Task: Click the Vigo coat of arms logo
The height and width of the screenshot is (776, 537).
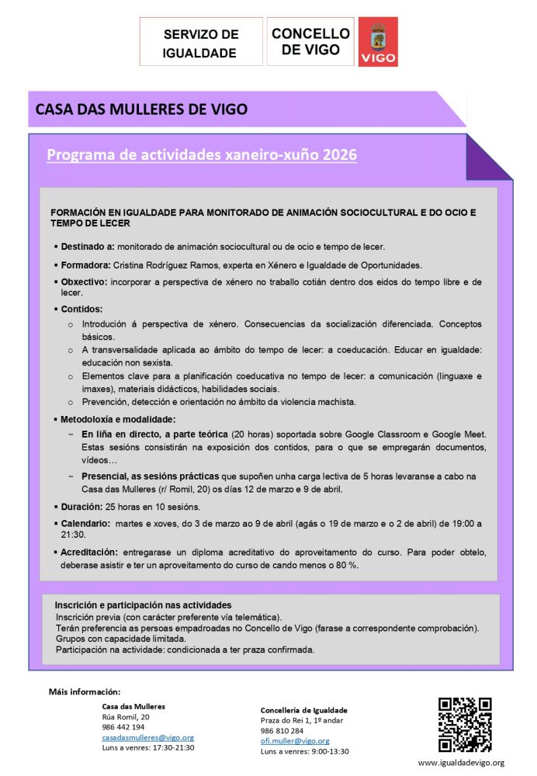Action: [x=378, y=41]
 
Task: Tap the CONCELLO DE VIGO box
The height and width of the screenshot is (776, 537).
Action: [x=310, y=41]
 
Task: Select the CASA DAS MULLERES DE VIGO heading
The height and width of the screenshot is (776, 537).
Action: [x=142, y=109]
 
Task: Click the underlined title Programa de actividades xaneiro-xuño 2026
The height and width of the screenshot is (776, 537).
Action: [x=202, y=154]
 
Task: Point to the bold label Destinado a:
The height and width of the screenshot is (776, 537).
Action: [x=88, y=247]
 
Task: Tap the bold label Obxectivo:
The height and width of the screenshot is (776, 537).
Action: [x=85, y=282]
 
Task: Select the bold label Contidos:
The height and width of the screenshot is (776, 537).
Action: [x=82, y=309]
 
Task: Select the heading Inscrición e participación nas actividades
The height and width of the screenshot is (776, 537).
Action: [x=143, y=605]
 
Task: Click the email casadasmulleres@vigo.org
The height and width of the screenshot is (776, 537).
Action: [x=148, y=737]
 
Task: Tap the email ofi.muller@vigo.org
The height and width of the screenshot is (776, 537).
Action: [x=295, y=741]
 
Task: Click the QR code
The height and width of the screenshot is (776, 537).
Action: [x=465, y=725]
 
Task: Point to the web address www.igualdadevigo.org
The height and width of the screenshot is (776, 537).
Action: [x=461, y=763]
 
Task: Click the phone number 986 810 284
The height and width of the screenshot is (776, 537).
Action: [x=282, y=731]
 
